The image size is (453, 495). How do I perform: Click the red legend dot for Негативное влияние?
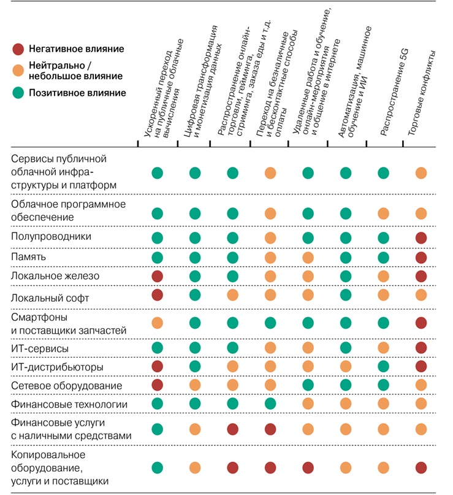tap(19, 49)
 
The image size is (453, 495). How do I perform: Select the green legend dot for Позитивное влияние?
tap(19, 93)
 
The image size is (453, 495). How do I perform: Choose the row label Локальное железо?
tap(55, 276)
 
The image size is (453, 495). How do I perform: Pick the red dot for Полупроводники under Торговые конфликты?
tap(421, 237)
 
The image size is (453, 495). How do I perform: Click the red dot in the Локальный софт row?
tap(158, 296)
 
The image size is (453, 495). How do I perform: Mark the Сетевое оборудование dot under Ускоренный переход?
tap(158, 385)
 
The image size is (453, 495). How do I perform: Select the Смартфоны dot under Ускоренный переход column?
tap(158, 322)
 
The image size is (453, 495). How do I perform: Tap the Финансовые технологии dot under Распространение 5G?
tap(383, 404)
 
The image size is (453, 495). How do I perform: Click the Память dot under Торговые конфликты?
tap(421, 257)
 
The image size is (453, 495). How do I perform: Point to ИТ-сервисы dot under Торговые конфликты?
tap(421, 348)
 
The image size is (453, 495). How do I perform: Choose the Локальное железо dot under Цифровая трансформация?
tap(195, 277)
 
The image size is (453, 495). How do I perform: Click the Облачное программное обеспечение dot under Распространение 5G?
tap(383, 213)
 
